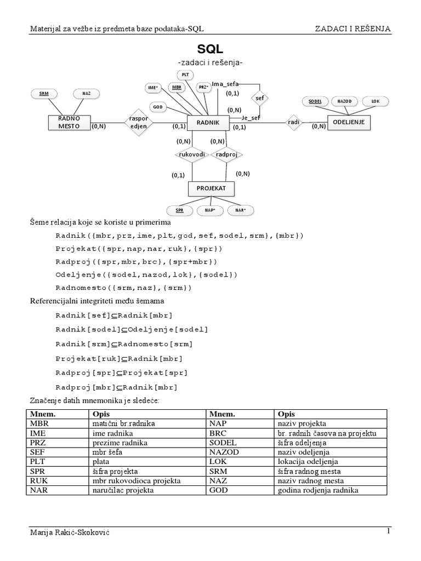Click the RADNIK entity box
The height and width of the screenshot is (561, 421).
pos(207,123)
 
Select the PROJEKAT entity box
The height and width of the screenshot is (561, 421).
pos(207,189)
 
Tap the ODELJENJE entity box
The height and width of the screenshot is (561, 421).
pos(349,123)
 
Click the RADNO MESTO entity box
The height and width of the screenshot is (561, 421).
pos(70,122)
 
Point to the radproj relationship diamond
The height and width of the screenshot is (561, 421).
pos(226,154)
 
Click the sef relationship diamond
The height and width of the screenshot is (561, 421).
pos(259,98)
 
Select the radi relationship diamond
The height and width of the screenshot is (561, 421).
pos(294,123)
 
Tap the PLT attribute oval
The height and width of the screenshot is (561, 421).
pos(185,75)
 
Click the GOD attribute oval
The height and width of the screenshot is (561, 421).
pos(157,106)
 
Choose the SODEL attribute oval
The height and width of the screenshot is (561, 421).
pos(315,101)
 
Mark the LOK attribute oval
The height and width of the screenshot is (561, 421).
pos(375,101)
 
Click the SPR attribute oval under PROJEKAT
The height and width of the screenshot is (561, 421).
pos(179,210)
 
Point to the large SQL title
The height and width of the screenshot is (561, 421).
pos(210,49)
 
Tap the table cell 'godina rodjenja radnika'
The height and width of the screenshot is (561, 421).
pos(318,490)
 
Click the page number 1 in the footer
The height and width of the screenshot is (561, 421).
pos(388,531)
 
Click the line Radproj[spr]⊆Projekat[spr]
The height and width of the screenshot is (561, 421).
pos(121,373)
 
